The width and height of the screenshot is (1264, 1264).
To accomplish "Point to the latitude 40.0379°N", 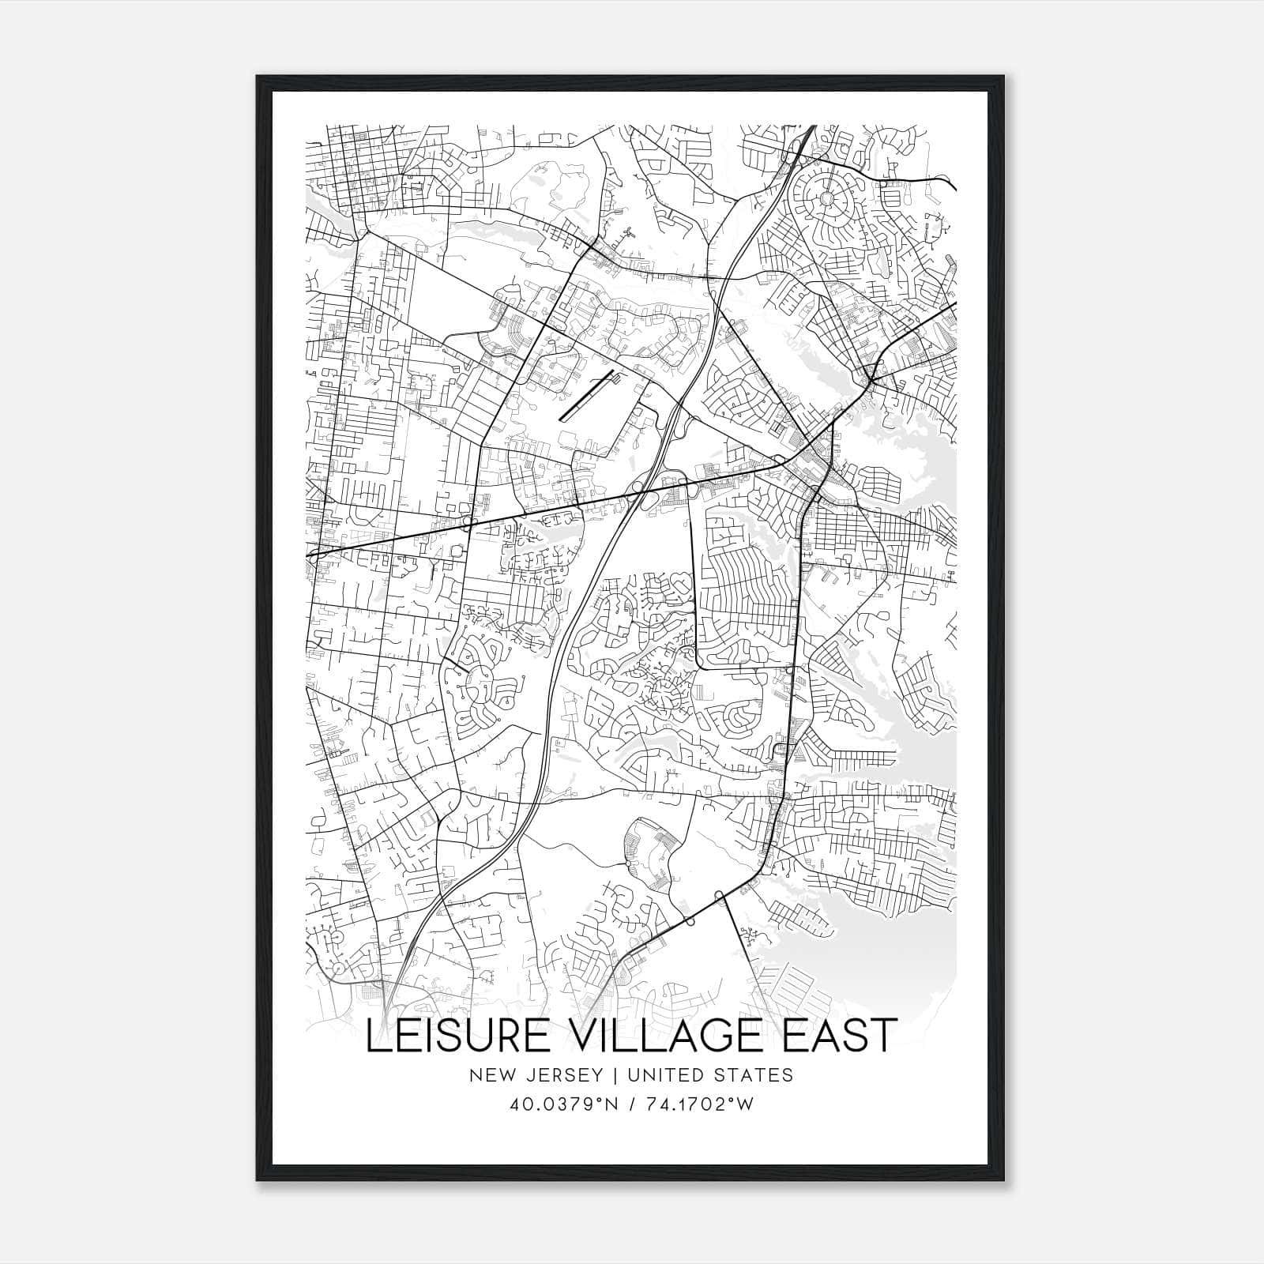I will pos(562,1104).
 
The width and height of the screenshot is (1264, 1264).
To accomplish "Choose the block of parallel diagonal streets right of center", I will pos(747,589).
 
